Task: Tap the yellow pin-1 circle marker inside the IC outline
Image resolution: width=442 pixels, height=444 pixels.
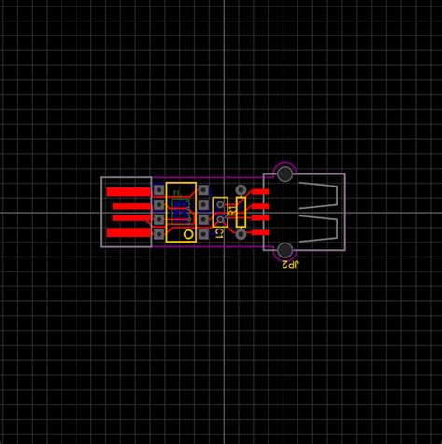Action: [188, 234]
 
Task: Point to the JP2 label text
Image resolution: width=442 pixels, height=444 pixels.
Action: [291, 265]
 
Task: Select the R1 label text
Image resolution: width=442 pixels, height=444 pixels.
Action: [230, 212]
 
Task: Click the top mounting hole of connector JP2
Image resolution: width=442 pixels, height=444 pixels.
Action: [284, 173]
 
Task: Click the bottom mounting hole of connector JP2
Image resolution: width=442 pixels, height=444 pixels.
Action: [284, 250]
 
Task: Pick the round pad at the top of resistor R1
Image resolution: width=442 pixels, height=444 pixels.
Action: [242, 190]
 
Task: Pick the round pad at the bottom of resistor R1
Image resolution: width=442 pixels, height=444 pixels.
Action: [242, 234]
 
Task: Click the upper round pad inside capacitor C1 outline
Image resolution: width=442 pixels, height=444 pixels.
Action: [219, 205]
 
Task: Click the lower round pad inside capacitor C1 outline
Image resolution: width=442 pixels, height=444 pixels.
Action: [219, 219]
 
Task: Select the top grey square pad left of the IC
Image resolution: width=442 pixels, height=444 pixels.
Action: [159, 190]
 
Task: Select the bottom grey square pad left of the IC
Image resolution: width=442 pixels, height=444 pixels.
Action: [159, 234]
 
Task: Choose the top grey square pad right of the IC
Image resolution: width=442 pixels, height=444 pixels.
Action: [203, 190]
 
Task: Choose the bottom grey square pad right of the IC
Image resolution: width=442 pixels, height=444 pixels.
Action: [203, 234]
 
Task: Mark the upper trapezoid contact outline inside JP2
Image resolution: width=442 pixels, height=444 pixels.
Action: [318, 196]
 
